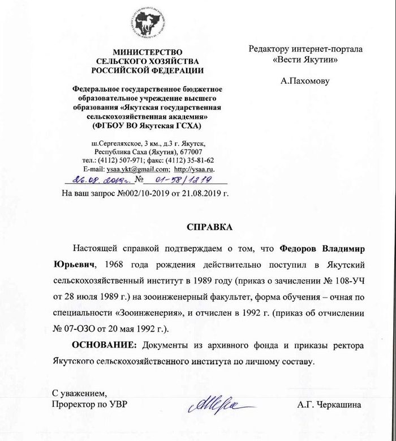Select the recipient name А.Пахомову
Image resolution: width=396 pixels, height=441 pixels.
pyautogui.click(x=305, y=81)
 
